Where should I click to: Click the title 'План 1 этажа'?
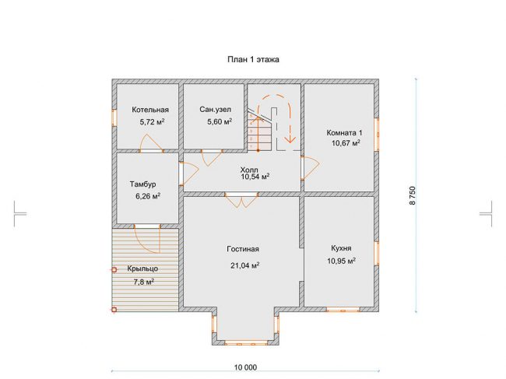[253, 59]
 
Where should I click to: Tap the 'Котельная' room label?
[150, 110]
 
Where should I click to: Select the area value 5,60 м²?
[220, 121]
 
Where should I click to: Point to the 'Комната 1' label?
[344, 132]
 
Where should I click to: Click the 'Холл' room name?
[249, 170]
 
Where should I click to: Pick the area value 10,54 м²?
[255, 177]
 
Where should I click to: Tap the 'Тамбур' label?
[143, 184]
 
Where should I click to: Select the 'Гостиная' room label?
[243, 249]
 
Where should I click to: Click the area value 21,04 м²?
[245, 265]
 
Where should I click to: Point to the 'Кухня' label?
[341, 248]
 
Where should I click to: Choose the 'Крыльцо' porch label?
[142, 268]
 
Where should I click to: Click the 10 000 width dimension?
[245, 367]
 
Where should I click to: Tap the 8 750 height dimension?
[413, 195]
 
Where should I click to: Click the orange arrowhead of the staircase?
[290, 139]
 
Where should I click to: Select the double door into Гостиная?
[241, 200]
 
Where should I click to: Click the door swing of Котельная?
[149, 143]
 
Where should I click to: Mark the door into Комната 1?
[310, 168]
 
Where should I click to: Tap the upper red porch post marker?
[114, 269]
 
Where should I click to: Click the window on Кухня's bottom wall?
[343, 310]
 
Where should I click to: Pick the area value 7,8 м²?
[143, 282]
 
